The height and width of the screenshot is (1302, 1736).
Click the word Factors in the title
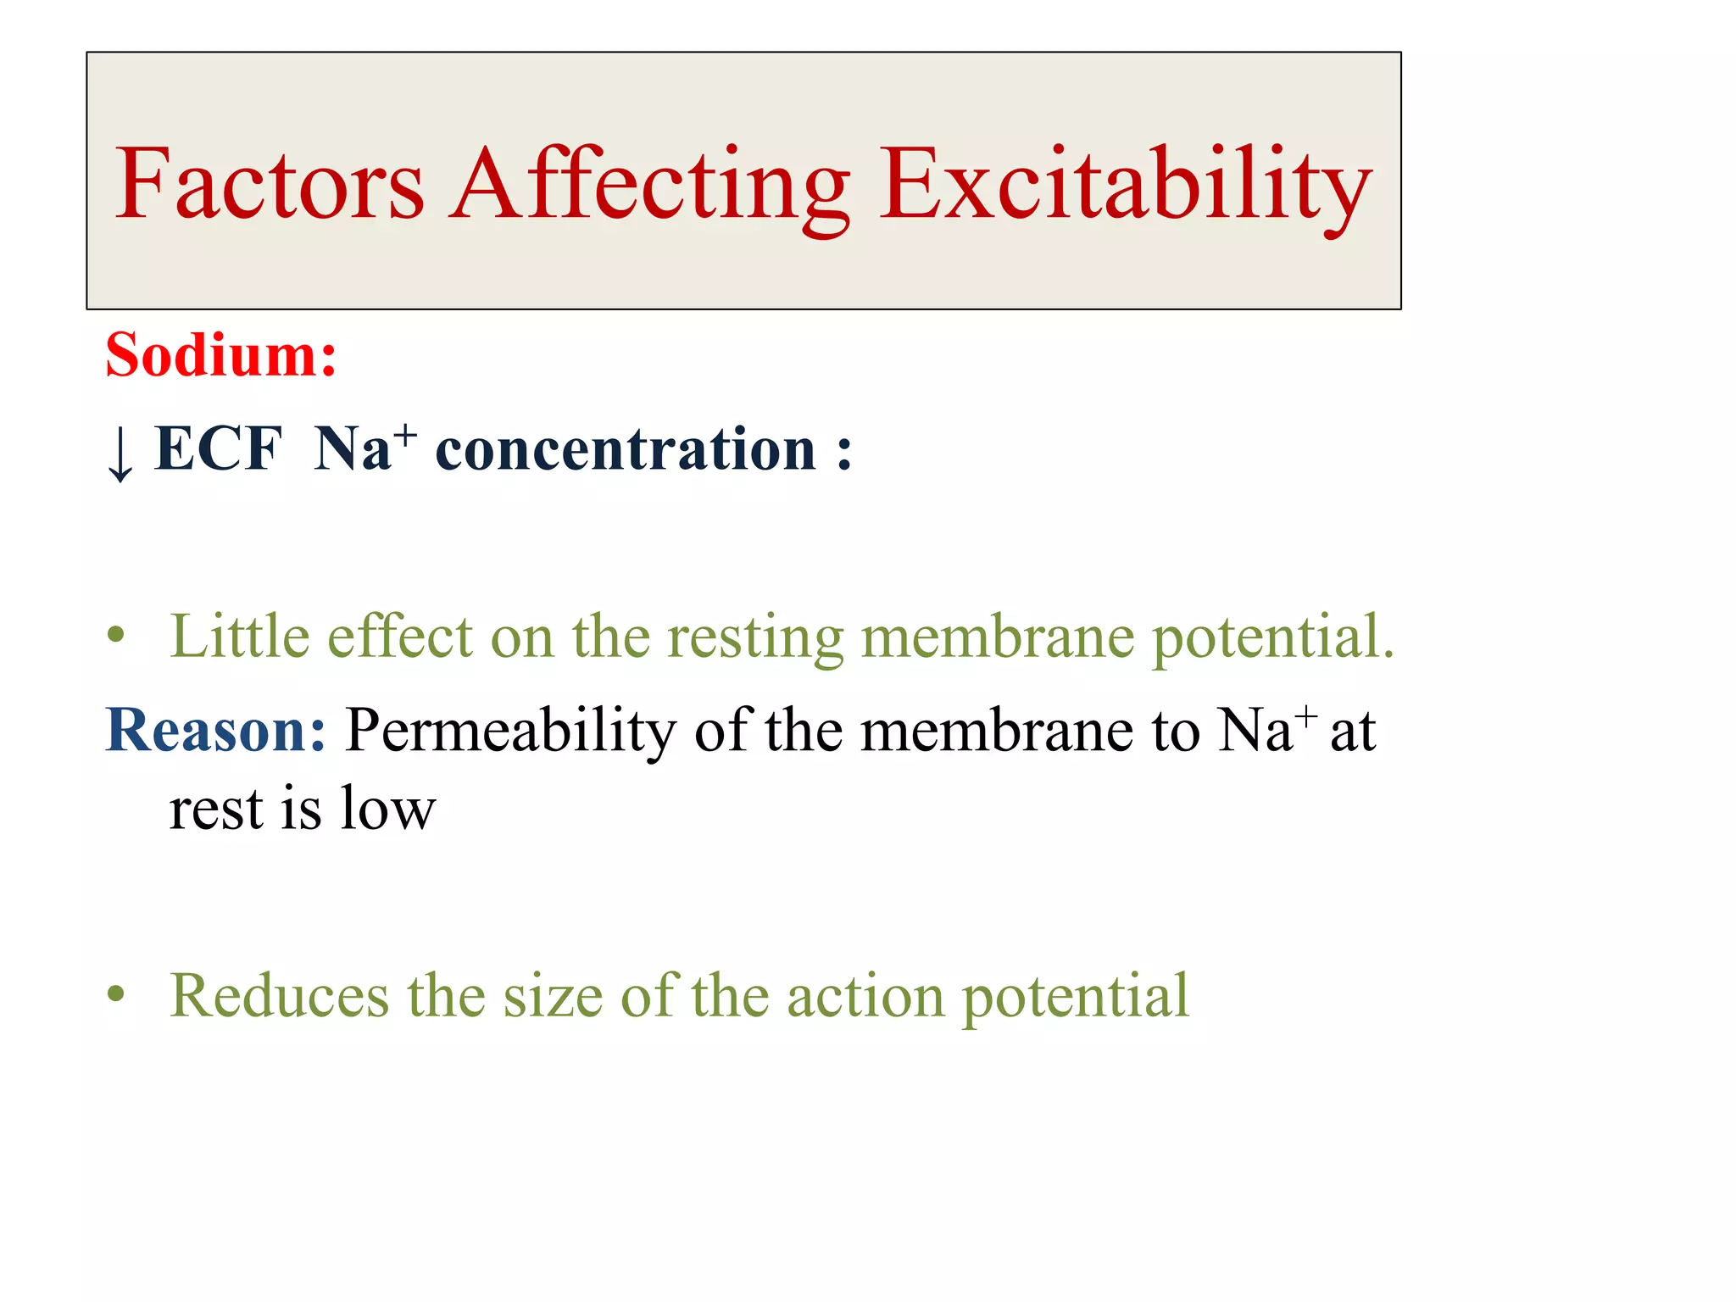pos(269,184)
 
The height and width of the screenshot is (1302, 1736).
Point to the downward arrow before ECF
pos(120,453)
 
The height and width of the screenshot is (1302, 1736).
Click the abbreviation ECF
pos(218,448)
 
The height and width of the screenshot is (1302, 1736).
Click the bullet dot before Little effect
pos(116,636)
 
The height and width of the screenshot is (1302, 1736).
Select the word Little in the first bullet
pos(239,636)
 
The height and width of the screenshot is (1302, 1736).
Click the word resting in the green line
pos(755,637)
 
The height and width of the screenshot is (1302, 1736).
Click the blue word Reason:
pos(215,730)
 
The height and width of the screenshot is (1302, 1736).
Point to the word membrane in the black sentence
pos(996,731)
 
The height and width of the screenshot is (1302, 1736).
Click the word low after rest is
pos(387,809)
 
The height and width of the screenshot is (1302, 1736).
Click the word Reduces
pos(279,995)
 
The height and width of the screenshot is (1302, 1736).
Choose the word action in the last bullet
pos(865,995)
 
